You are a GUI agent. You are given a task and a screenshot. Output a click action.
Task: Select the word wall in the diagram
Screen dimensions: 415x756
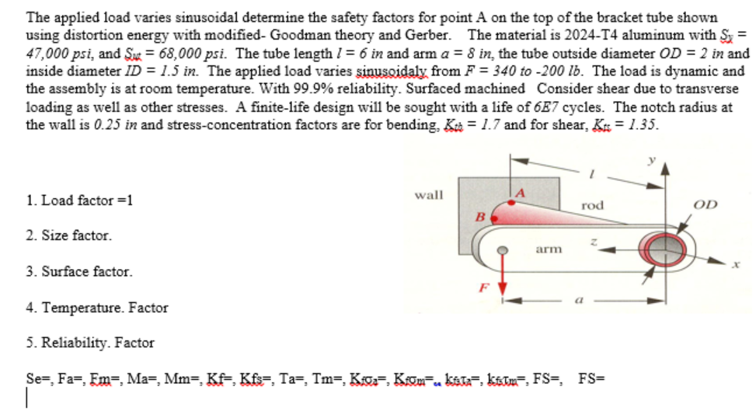click(x=429, y=195)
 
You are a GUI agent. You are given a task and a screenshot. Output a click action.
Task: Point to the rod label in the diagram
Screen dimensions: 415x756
click(x=592, y=205)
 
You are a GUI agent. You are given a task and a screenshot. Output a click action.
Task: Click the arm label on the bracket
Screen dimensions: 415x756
click(x=549, y=249)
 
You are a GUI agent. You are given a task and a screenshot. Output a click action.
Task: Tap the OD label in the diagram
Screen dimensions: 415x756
click(x=705, y=204)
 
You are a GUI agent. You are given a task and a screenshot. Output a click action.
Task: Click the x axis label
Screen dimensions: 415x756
click(x=732, y=265)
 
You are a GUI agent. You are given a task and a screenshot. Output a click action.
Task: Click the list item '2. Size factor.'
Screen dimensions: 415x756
click(x=68, y=235)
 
